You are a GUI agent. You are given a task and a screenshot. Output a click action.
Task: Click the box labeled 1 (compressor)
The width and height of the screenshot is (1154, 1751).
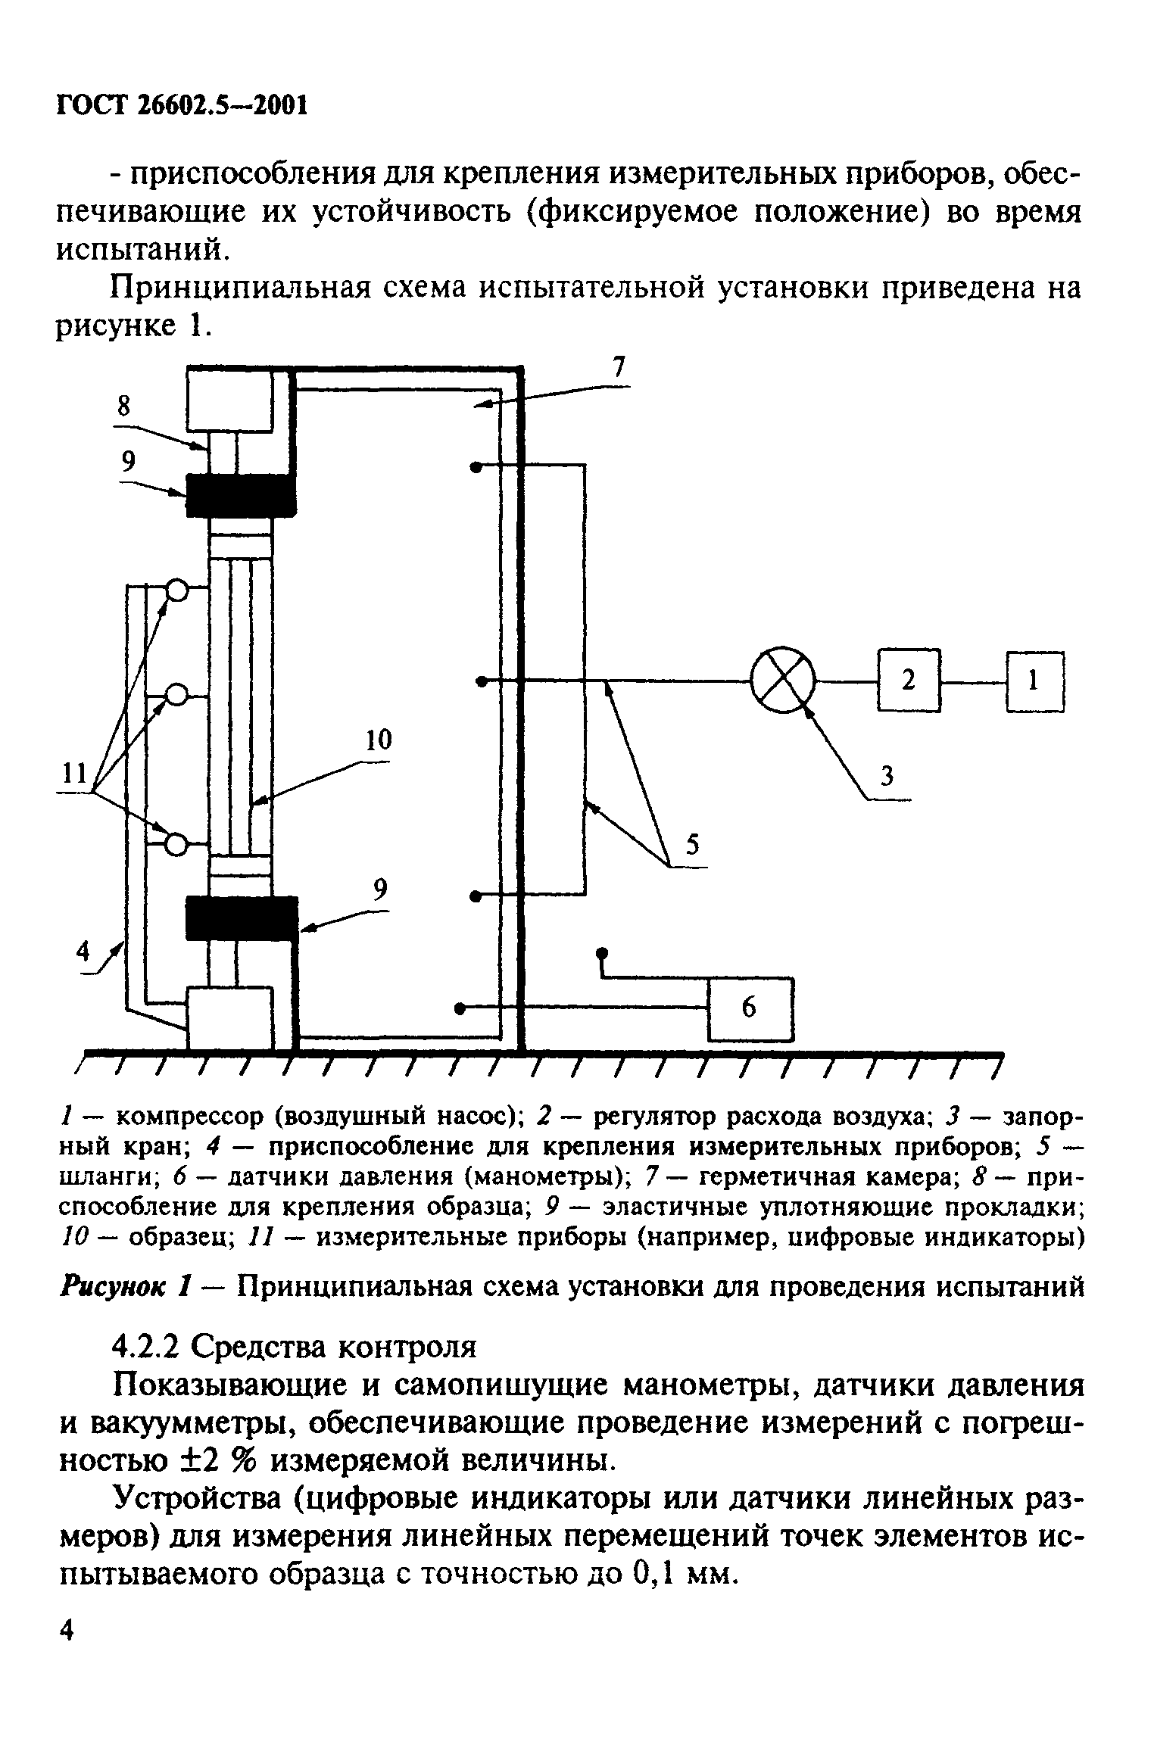[1034, 681]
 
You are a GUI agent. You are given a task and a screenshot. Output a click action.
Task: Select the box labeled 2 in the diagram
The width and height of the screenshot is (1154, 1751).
[909, 681]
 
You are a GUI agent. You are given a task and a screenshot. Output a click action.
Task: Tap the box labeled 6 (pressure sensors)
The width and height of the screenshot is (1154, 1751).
[750, 1008]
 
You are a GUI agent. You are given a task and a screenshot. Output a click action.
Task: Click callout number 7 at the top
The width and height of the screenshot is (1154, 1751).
[619, 368]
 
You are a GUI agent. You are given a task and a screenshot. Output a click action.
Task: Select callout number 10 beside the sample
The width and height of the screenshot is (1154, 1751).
[378, 740]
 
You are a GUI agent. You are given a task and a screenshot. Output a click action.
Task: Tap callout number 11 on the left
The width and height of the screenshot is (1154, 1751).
[73, 774]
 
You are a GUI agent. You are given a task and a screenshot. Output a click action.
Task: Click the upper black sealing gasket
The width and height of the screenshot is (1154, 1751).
[241, 496]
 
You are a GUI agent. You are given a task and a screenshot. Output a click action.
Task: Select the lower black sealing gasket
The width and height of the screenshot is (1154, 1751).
[241, 918]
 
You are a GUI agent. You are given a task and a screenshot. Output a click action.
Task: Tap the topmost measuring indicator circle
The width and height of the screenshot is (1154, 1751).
[176, 590]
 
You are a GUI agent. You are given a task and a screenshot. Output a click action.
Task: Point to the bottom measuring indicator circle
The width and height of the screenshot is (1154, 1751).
[176, 843]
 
